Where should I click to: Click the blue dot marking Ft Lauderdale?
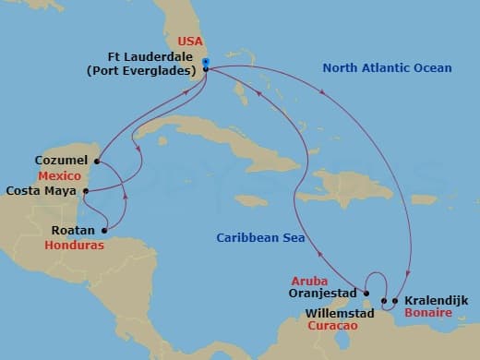tap(205, 63)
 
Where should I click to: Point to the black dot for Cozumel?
tap(97, 160)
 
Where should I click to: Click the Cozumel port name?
tap(61, 160)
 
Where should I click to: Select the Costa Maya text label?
tap(41, 191)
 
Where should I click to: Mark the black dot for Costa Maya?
tap(85, 192)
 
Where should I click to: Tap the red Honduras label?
tap(72, 246)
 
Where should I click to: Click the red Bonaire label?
tap(426, 315)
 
